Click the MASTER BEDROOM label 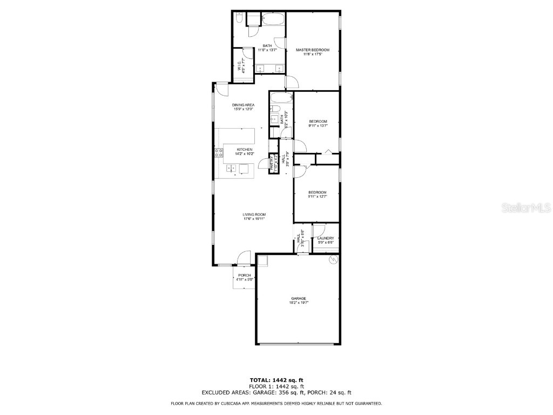point(312,50)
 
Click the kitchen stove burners point(219,153)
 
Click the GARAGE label point(299,298)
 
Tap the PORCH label point(245,275)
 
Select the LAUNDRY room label point(326,238)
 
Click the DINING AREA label point(244,105)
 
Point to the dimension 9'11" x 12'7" point(318,197)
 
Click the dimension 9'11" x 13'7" point(318,125)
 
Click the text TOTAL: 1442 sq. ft point(280,380)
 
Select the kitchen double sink point(231,169)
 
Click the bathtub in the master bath point(273,19)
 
